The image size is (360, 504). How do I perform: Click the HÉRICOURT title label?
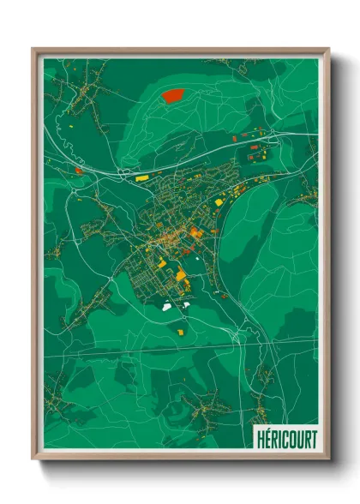click(x=285, y=435)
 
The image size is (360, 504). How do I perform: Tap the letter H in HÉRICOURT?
click(x=260, y=435)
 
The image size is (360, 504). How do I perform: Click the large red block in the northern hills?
click(x=174, y=95)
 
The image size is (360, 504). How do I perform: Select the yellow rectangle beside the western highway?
click(x=141, y=178)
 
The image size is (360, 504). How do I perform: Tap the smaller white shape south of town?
click(x=185, y=303)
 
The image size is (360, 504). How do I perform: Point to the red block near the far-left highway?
click(x=78, y=171)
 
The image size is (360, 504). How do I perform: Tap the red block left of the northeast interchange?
click(x=234, y=138)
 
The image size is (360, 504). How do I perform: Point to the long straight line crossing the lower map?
click(x=180, y=351)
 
